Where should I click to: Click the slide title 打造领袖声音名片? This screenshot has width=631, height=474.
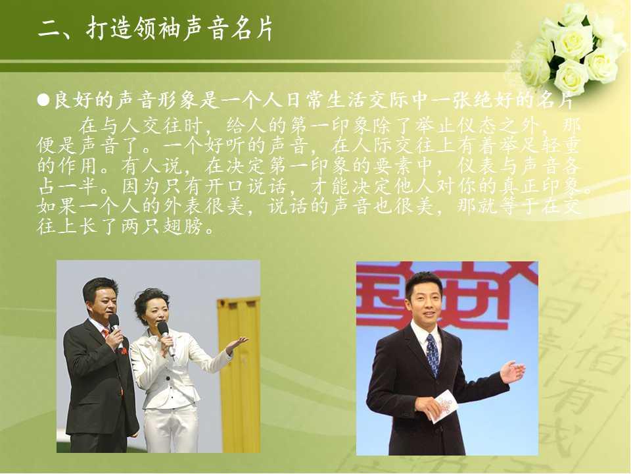[179, 28]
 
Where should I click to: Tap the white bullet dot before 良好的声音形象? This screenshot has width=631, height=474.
[43, 99]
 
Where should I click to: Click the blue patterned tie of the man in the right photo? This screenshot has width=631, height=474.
[432, 354]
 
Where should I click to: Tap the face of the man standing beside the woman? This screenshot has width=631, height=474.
[98, 299]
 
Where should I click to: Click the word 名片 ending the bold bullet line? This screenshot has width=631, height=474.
[557, 100]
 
